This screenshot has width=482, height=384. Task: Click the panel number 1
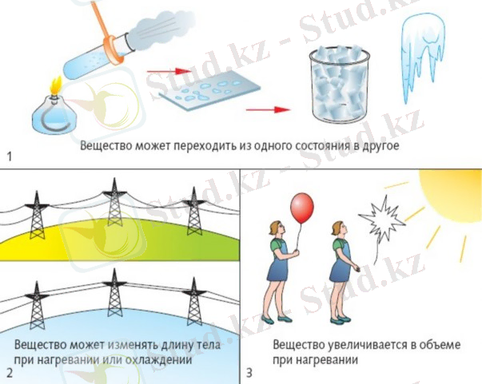9,155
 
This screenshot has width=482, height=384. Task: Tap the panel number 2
9,372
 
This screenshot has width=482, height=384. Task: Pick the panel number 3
249,372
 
